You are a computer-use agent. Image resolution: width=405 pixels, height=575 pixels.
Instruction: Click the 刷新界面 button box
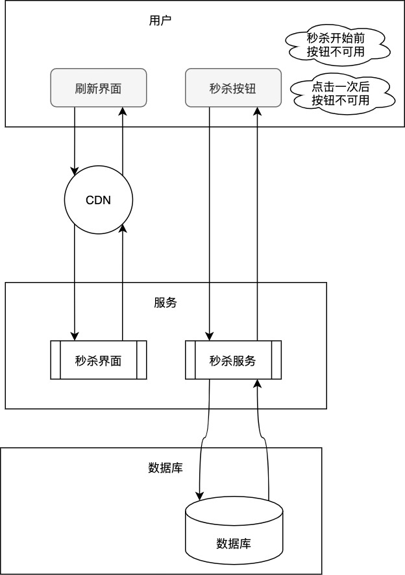[x=99, y=88]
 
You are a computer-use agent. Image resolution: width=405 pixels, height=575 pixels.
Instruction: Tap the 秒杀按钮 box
[x=234, y=88]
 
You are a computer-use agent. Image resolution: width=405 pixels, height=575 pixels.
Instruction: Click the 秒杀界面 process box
[x=99, y=360]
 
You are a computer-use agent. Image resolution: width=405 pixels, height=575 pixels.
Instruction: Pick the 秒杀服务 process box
[x=234, y=360]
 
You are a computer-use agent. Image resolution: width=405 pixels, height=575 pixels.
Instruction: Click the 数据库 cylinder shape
[x=234, y=532]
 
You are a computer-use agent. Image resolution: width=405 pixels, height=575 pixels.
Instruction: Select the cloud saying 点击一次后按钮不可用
[x=340, y=94]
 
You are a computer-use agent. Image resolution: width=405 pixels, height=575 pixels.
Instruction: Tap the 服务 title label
[x=165, y=303]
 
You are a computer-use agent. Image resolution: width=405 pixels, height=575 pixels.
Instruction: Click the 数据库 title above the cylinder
[x=165, y=468]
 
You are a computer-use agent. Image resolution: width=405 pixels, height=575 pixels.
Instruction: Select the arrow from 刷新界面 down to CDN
[x=75, y=139]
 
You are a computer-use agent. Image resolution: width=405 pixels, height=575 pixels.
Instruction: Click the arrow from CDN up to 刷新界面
[x=123, y=139]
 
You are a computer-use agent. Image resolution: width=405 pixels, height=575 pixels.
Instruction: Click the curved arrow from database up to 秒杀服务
[x=266, y=441]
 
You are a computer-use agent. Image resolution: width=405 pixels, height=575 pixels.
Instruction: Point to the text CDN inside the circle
[x=99, y=200]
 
